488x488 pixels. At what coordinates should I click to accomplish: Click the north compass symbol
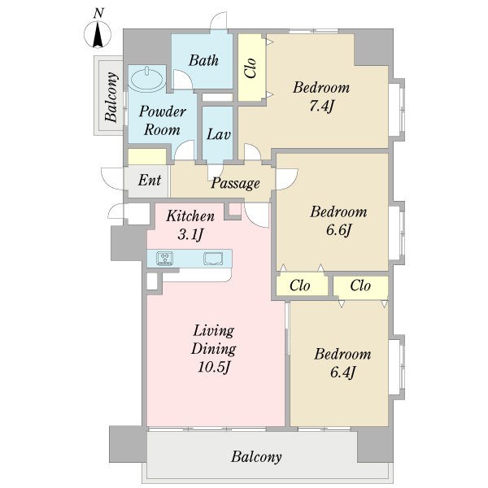click(98, 34)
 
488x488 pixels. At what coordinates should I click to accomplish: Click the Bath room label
click(203, 60)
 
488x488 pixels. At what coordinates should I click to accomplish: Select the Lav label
click(219, 134)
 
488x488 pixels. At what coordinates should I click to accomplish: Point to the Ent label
click(150, 180)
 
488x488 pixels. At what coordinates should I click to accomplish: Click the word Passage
click(235, 183)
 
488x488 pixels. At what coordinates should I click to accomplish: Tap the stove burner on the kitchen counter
click(165, 259)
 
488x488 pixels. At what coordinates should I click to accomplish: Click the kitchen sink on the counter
click(213, 259)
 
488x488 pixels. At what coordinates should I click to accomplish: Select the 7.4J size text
click(321, 107)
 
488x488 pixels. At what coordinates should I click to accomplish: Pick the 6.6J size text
click(338, 230)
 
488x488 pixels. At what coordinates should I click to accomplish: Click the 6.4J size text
click(342, 373)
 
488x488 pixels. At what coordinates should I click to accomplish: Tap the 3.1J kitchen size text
click(190, 234)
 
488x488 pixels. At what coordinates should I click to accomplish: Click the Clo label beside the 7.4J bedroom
click(251, 68)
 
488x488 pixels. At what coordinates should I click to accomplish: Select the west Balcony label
click(111, 97)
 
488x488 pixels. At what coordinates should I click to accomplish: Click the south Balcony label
click(256, 457)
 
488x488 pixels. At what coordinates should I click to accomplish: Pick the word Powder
click(163, 111)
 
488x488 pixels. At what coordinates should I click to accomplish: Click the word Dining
click(214, 349)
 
